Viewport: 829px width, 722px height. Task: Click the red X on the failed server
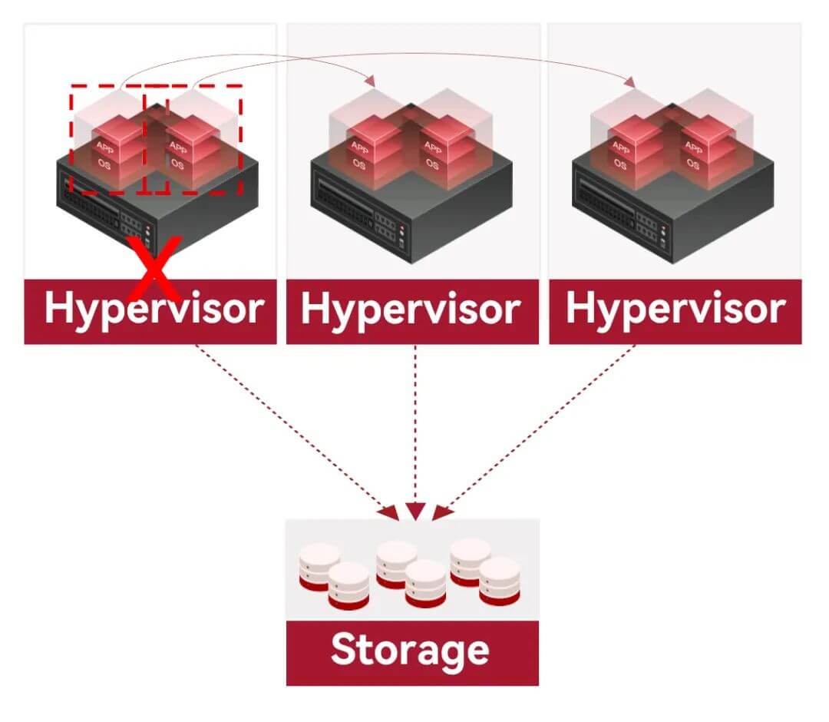coord(154,269)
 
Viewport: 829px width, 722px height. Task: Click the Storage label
coord(410,651)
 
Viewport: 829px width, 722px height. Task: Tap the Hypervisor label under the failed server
coord(154,310)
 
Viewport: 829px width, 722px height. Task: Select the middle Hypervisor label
coord(411,310)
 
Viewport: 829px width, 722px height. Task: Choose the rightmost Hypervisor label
coord(675,310)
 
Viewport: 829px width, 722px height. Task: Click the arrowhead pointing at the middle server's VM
coord(370,81)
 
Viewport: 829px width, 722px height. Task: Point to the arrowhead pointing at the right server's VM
coord(629,82)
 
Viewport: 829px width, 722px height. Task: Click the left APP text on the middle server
coord(360,147)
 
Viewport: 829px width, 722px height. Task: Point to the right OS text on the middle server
coord(432,164)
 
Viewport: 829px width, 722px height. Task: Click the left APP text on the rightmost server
coord(621,147)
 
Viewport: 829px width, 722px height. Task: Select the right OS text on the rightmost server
coord(693,164)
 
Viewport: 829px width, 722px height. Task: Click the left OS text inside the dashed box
coord(104,164)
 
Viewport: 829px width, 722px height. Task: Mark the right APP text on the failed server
coord(178,147)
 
